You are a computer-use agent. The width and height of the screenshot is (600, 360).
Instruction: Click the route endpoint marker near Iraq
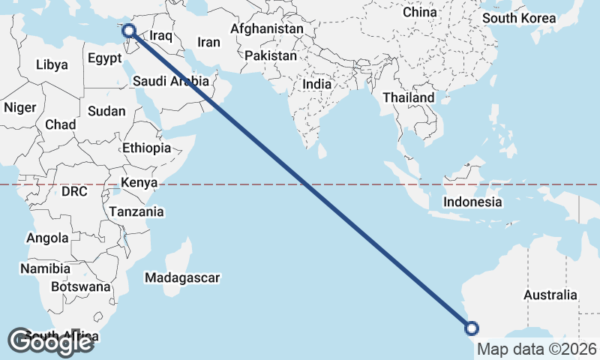[x=129, y=31]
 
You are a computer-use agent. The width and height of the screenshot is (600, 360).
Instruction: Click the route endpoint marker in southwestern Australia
[x=472, y=327]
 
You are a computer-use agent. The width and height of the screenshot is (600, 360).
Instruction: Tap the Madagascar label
[x=183, y=278]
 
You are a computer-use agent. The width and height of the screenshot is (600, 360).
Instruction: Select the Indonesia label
[x=472, y=202]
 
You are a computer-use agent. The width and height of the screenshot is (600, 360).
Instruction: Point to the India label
[x=316, y=85]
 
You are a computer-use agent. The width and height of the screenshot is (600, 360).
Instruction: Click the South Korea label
[x=519, y=18]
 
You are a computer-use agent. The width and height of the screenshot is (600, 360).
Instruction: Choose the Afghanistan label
[x=267, y=29]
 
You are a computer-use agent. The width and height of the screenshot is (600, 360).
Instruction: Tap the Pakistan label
[x=271, y=56]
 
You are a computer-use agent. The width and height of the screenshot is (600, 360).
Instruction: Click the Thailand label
[x=408, y=97]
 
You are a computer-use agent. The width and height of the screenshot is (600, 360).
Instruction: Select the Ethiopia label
[x=147, y=148]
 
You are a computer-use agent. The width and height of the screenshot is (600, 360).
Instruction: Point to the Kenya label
[x=139, y=182]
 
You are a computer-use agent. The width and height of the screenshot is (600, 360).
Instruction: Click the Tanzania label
[x=136, y=211]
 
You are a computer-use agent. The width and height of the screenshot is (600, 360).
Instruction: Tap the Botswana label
[x=81, y=286]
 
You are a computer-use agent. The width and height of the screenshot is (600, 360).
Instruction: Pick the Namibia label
[x=46, y=268]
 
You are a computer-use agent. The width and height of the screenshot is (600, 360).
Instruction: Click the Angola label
[x=47, y=238]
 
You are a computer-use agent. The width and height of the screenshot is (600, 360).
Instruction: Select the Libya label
[x=52, y=64]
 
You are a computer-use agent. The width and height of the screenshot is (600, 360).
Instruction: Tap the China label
[x=419, y=12]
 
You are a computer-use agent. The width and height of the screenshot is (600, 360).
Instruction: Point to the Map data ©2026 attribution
[x=537, y=349]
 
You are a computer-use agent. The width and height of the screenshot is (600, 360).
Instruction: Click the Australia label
[x=551, y=295]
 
